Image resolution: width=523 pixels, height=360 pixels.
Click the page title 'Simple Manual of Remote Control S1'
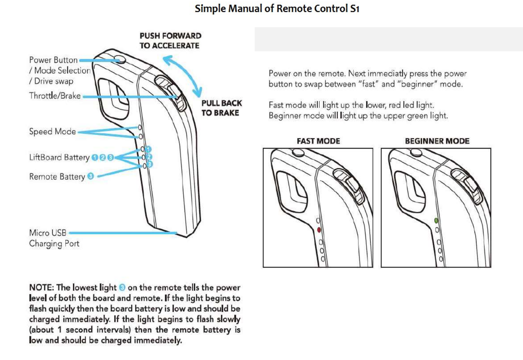point(277,8)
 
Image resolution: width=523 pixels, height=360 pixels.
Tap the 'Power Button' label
point(53,60)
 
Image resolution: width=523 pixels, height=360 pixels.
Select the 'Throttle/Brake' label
point(55,96)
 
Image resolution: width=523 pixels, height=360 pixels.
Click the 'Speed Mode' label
point(52,132)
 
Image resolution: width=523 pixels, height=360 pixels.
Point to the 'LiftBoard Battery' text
point(59,157)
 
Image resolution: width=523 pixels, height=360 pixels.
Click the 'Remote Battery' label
point(57,177)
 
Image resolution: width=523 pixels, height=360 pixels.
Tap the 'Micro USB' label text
point(47,233)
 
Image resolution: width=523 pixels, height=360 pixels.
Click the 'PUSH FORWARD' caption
point(170,36)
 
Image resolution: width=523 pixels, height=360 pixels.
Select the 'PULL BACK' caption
point(222,103)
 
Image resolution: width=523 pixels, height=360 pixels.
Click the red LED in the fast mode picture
point(319,230)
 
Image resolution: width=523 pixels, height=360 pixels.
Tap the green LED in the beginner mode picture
point(436,221)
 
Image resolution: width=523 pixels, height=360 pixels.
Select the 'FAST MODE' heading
point(318,141)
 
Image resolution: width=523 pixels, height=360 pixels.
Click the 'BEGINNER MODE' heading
point(437,141)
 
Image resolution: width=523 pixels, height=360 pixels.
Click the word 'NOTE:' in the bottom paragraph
point(41,288)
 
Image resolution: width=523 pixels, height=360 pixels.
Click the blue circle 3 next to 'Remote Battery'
point(91,176)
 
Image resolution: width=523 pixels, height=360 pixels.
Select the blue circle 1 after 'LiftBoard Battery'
point(95,157)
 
